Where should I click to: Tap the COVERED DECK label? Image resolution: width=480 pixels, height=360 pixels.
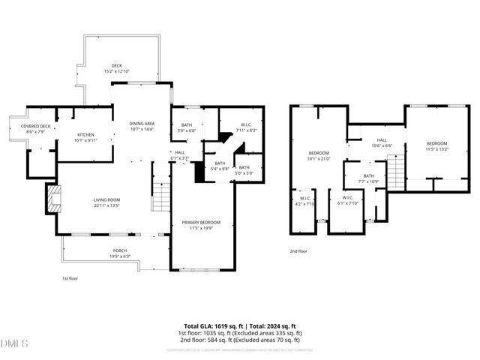click(35, 128)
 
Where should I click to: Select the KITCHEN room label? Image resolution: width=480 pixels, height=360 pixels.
click(85, 136)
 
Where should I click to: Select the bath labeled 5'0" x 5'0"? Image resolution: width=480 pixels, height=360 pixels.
click(244, 169)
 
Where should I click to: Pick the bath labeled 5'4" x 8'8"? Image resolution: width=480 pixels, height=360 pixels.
click(219, 166)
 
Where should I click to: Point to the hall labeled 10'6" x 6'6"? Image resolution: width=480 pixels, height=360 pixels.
click(381, 142)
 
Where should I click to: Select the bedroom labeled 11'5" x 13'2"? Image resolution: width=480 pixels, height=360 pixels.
click(436, 146)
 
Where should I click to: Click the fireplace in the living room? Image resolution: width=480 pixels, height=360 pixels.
click(52, 200)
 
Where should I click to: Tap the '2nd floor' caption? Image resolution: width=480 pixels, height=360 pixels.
click(298, 252)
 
